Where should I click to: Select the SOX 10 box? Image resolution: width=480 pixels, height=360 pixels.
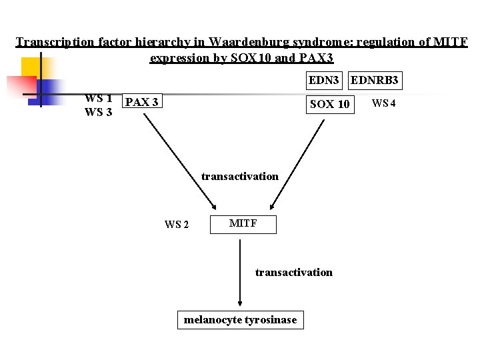330,104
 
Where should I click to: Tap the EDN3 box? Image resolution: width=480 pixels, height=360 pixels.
324,81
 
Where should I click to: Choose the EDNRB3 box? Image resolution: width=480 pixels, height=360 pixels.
375,81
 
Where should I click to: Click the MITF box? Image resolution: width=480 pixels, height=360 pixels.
243,224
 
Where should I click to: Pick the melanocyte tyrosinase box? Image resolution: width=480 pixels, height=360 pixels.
240,320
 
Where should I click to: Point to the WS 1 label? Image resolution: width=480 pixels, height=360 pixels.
98,99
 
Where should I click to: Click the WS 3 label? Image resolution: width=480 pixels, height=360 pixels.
98,112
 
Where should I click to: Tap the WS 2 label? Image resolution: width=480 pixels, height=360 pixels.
177,225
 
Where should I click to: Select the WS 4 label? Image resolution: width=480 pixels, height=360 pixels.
384,103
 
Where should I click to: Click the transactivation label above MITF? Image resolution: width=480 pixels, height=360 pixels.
240,176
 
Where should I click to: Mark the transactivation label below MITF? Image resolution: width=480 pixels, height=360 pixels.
294,272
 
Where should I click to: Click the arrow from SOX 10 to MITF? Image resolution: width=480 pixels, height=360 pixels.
297,160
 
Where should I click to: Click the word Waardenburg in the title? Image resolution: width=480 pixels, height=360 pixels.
249,42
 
